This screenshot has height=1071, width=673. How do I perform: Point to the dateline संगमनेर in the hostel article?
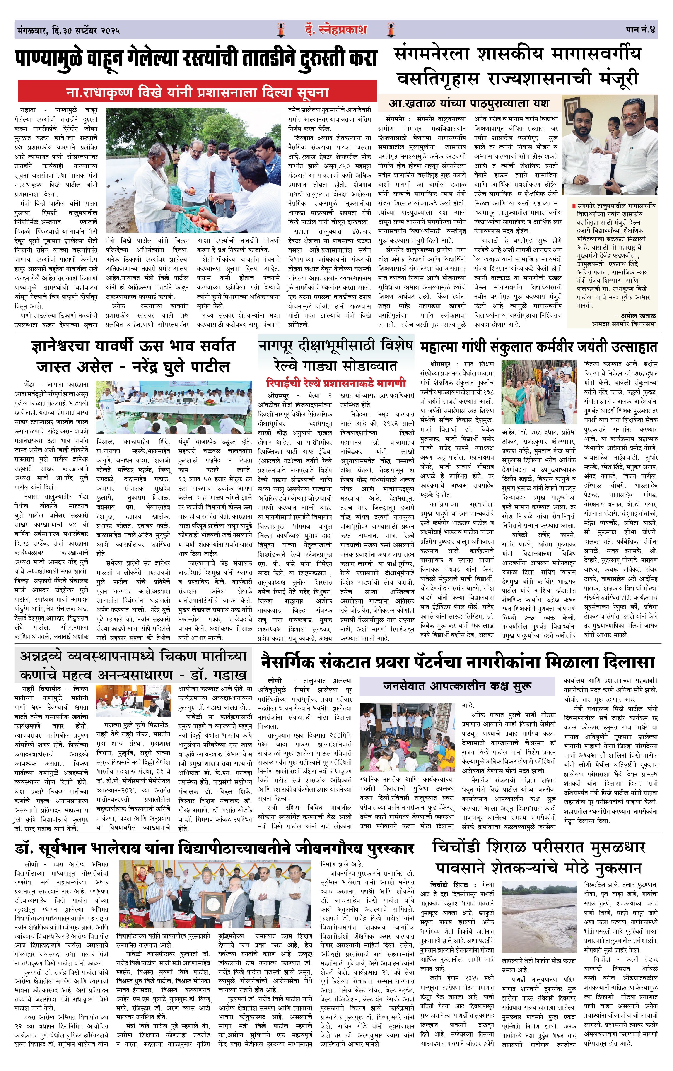(395, 119)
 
